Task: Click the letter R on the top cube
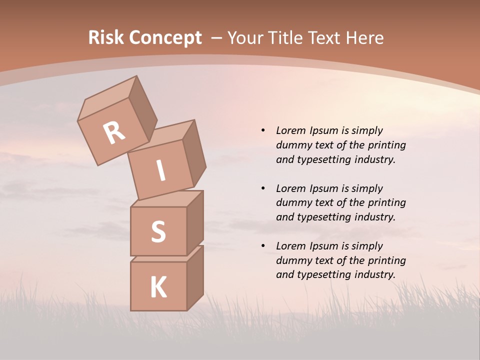114,132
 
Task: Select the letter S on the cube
158,231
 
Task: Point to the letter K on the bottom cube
158,287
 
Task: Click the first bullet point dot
263,131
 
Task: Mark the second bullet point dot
263,188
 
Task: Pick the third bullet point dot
263,246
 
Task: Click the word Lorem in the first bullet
291,130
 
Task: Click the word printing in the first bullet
386,145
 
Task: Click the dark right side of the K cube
195,277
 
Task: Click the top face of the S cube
166,199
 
